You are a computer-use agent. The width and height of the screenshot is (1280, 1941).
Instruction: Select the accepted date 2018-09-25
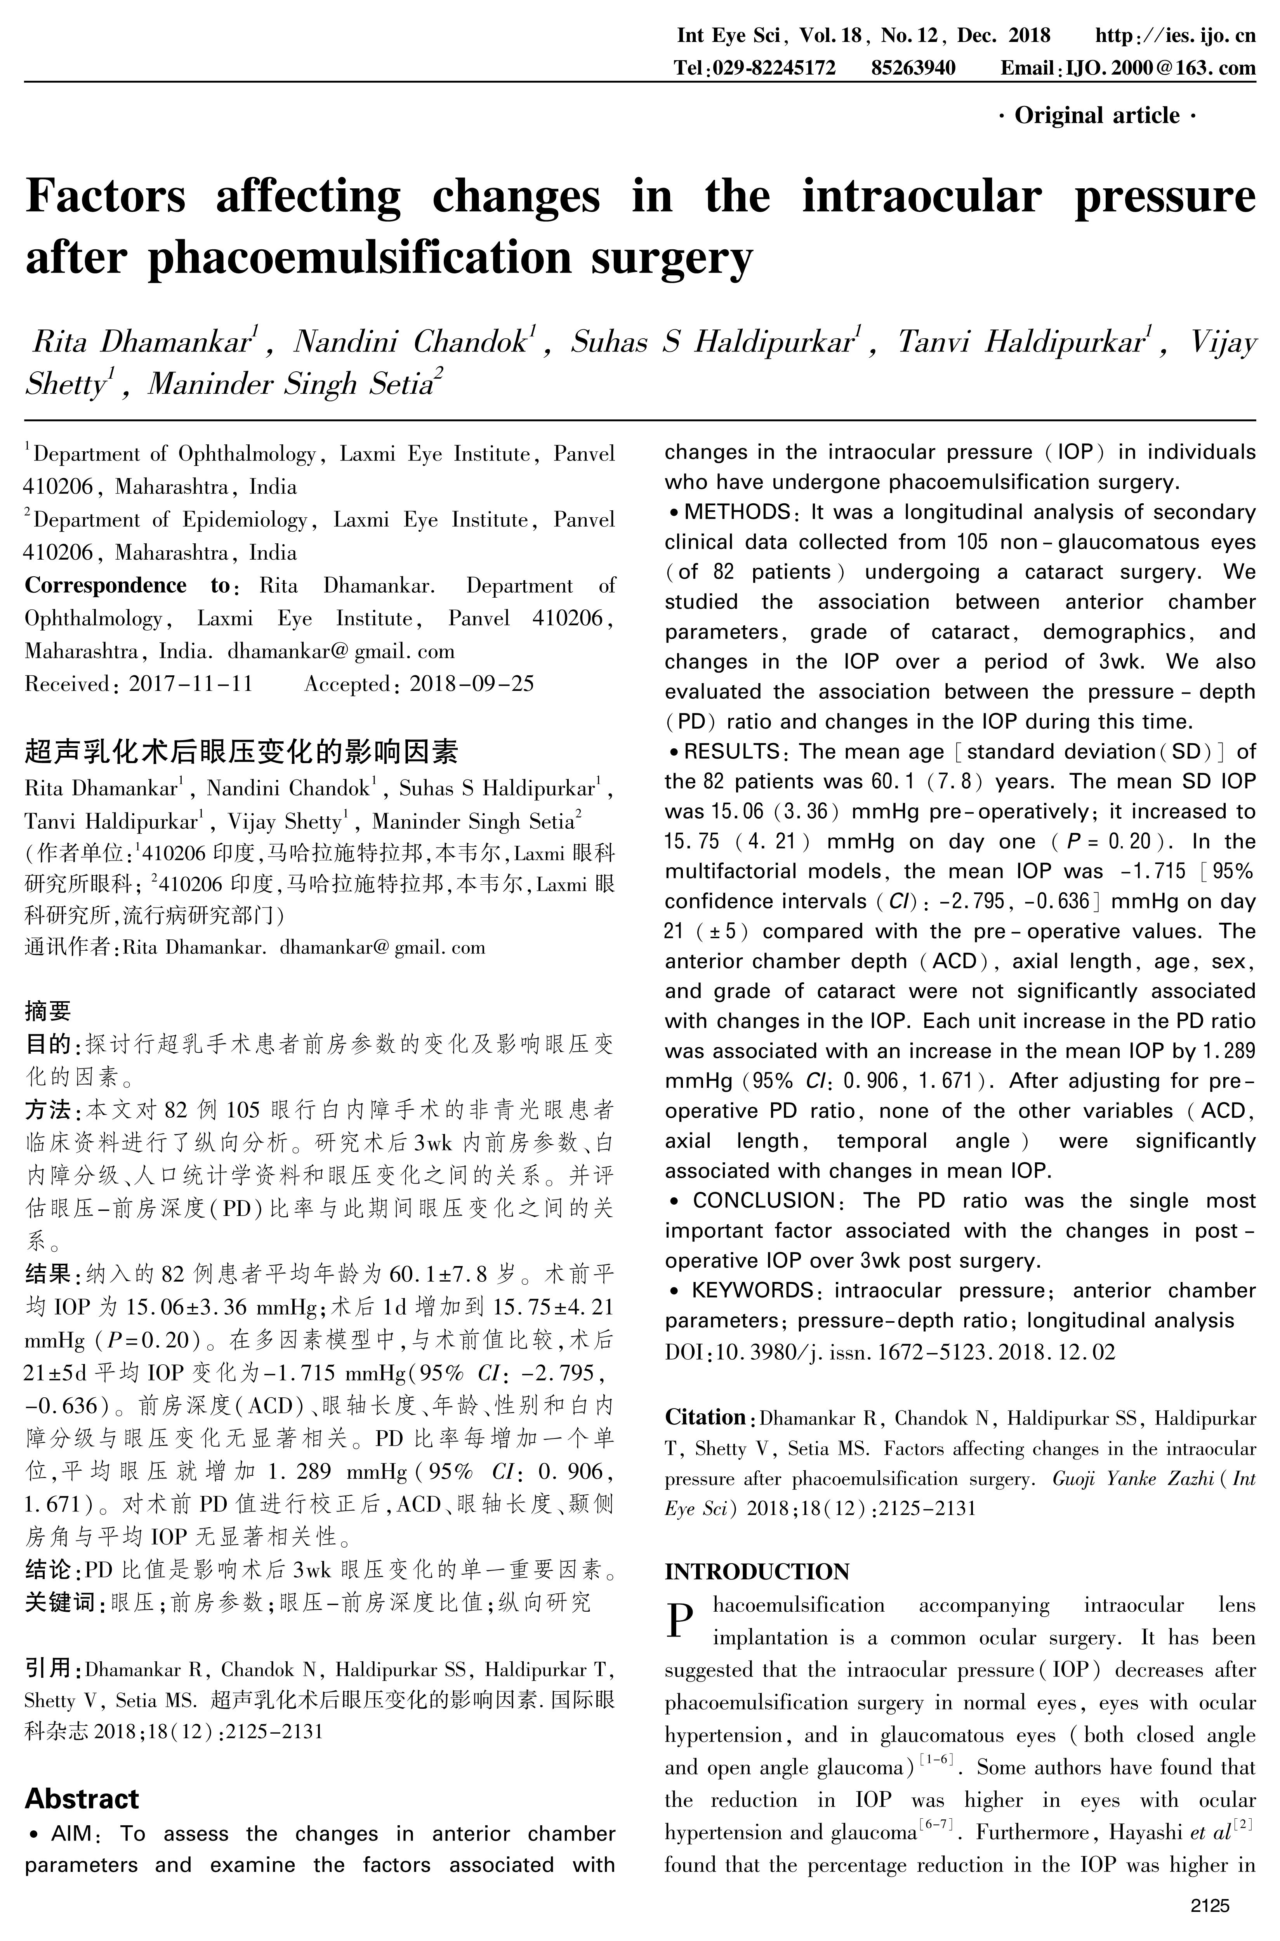pos(472,684)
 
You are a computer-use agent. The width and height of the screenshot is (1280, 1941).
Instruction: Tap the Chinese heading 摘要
pos(48,1011)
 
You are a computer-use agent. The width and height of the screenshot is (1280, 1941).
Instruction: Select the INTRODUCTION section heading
pos(757,1572)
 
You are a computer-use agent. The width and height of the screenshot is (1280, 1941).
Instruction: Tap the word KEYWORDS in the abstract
pos(751,1290)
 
